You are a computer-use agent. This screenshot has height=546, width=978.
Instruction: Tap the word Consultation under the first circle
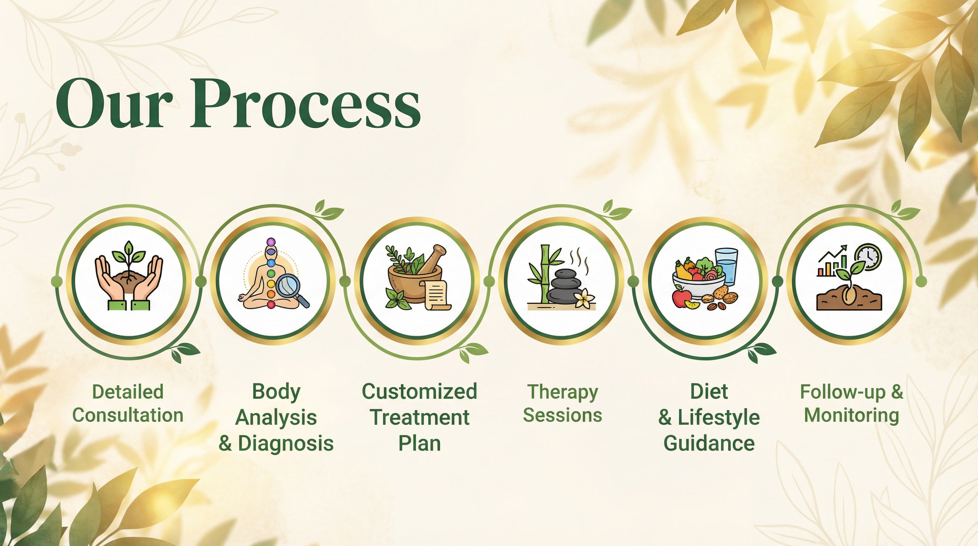click(x=128, y=415)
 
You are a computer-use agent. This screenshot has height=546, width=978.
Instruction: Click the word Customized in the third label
click(x=419, y=391)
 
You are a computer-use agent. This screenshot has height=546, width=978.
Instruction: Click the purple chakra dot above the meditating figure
click(x=271, y=242)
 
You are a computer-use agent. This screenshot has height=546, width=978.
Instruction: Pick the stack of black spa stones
click(x=566, y=285)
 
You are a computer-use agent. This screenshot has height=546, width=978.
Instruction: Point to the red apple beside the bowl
click(x=682, y=298)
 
